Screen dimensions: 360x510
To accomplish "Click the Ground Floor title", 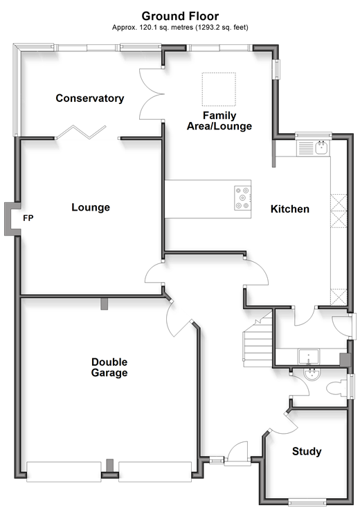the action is coord(180,16).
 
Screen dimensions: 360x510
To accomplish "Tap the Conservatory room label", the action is coord(90,98).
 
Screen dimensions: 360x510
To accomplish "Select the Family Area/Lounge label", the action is coord(219,121).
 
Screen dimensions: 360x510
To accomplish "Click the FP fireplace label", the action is coord(28,218).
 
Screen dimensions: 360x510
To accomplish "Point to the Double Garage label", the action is coord(109,367).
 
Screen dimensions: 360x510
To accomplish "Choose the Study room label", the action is coord(307,452).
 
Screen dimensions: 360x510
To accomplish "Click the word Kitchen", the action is coord(290,209).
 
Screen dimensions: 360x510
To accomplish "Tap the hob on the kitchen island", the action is coord(243,198).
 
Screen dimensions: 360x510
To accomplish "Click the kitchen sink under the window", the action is coord(313,148).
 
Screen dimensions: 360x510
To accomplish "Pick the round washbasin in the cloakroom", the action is coord(312,374).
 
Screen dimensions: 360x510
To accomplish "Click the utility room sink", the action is coord(309,357).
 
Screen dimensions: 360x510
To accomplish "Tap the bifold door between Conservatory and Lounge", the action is coord(81,132).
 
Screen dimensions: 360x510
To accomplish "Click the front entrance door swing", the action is coord(237,450).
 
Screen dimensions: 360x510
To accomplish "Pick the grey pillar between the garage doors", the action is coord(110,466).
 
